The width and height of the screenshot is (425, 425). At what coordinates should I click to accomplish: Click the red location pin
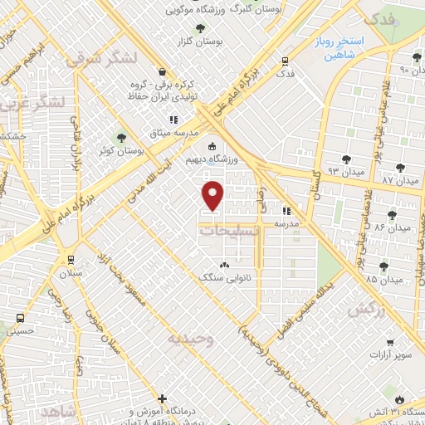click(214, 195)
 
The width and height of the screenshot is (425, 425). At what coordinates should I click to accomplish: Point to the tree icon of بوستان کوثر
click(122, 138)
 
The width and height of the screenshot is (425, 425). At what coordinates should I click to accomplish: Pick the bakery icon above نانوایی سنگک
click(223, 265)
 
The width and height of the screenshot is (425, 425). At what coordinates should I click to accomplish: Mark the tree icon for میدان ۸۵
click(383, 266)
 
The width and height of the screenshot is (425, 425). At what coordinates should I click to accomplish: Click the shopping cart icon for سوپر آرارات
click(388, 340)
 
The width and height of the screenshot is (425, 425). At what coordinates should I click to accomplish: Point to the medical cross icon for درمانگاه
click(163, 399)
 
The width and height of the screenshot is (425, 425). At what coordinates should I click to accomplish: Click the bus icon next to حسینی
click(20, 319)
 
